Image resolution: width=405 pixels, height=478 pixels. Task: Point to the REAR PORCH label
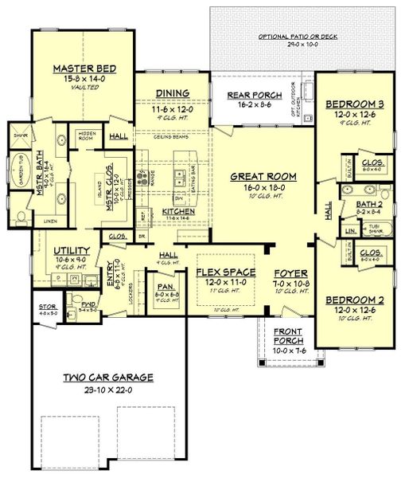coord(250,96)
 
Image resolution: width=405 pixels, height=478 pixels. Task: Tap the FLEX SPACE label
coord(226,272)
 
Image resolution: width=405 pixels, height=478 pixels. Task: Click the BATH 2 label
coord(368,204)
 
